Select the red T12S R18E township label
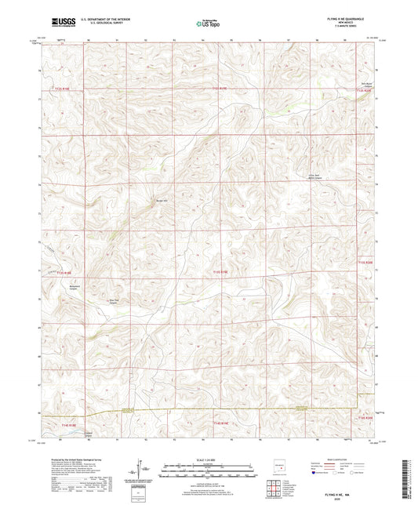coord(63,89)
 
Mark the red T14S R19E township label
coord(220,423)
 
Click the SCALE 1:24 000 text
coord(208,459)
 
